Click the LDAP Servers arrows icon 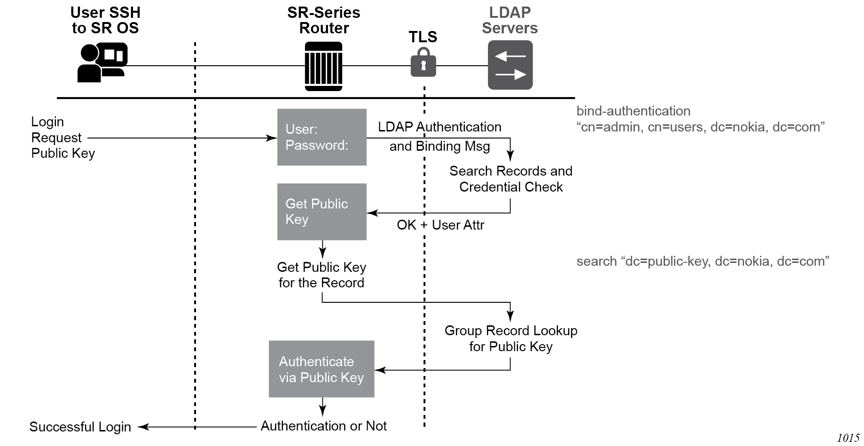pos(510,65)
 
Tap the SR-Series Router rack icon pos(323,66)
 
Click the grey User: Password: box pos(322,137)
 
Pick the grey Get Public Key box pos(322,212)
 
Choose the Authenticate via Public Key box pos(322,369)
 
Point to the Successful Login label pos(80,427)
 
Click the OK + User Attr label pos(440,225)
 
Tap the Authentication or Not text pos(323,426)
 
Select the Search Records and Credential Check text pos(511,179)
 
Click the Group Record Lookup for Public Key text pos(511,338)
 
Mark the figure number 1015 pos(848,438)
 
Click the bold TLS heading pos(423,37)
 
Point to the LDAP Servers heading pos(510,20)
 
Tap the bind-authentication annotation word pos(633,111)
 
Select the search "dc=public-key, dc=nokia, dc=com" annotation pos(702,261)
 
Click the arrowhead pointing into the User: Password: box pos(272,138)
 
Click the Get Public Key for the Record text pos(322,275)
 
